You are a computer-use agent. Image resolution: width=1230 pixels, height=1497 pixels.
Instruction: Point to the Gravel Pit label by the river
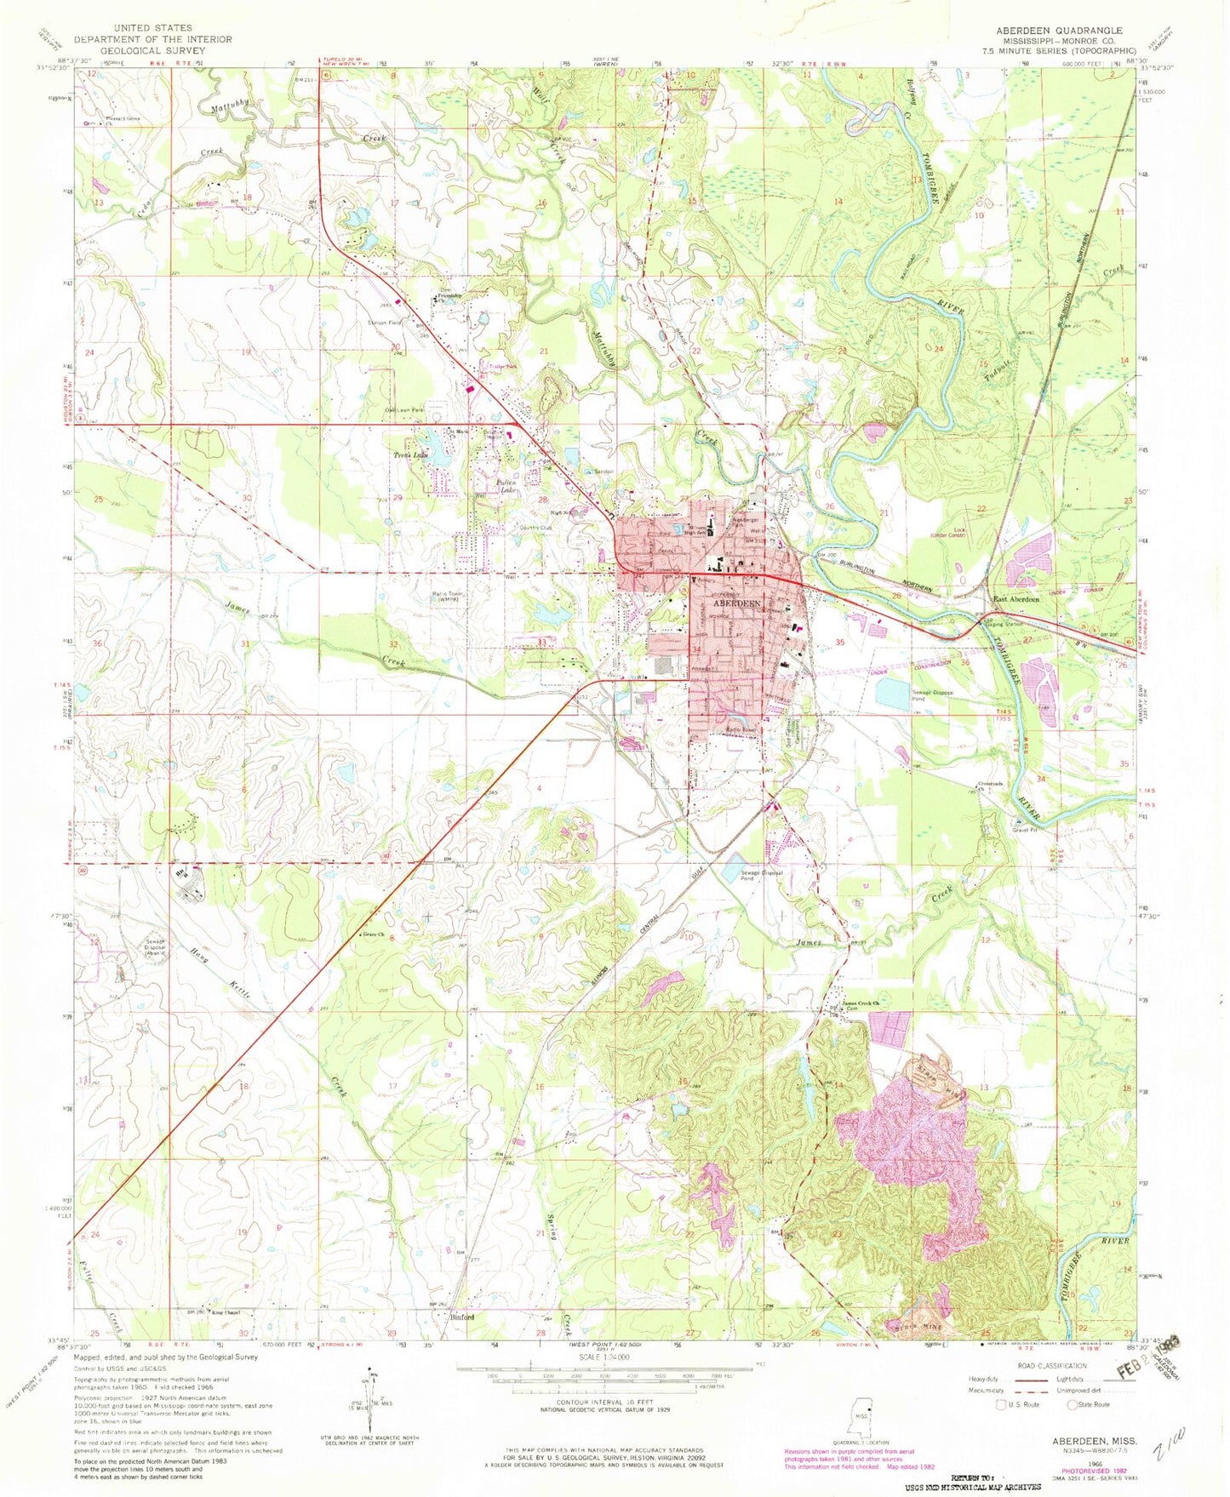[x=1023, y=829]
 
